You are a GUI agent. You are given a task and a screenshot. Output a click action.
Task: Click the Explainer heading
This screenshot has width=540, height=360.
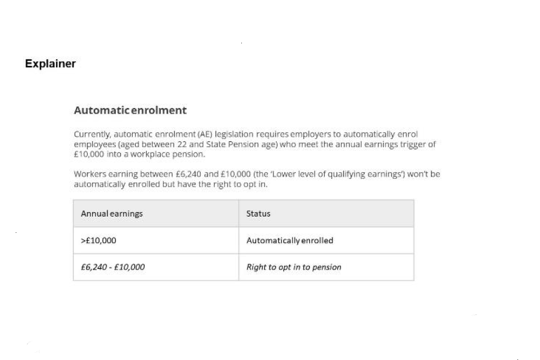(x=50, y=64)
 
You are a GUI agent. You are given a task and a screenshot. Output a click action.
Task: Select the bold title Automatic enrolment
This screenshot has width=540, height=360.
(x=130, y=110)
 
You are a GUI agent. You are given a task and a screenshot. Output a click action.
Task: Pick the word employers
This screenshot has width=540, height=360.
(x=309, y=134)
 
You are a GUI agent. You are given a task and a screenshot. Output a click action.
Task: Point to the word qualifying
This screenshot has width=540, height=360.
(x=343, y=174)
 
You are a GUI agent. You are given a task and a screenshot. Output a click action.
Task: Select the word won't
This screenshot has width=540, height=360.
(x=417, y=174)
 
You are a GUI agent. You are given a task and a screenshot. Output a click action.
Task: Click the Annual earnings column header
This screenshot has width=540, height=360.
(x=112, y=214)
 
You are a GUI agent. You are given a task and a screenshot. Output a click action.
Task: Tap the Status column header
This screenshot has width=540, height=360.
(x=258, y=214)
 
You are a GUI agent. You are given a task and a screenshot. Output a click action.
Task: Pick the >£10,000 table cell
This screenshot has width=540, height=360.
(x=98, y=241)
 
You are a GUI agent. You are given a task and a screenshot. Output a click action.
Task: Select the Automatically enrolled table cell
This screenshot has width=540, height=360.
(x=290, y=241)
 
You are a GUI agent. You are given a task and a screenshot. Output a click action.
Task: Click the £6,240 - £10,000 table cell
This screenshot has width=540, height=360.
(x=112, y=267)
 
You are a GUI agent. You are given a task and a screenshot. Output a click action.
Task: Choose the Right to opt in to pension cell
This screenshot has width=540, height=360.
(x=294, y=267)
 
